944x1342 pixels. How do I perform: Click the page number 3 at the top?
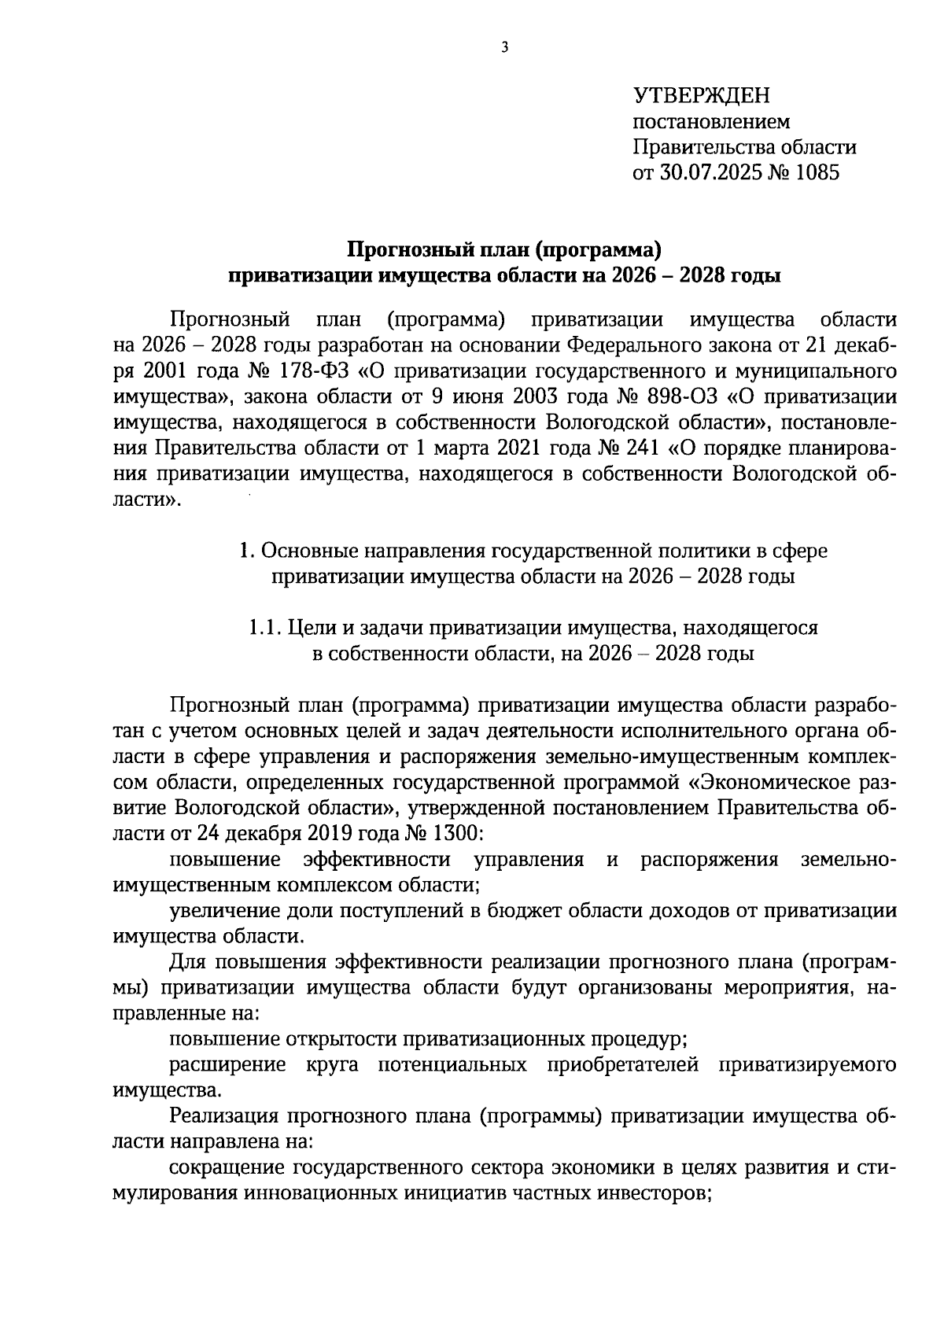point(505,48)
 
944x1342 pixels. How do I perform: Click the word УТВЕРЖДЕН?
point(702,96)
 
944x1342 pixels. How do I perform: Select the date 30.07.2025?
point(712,172)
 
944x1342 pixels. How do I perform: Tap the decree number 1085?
point(817,172)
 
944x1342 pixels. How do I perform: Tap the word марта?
point(459,448)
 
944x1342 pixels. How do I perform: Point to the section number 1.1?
point(264,628)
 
